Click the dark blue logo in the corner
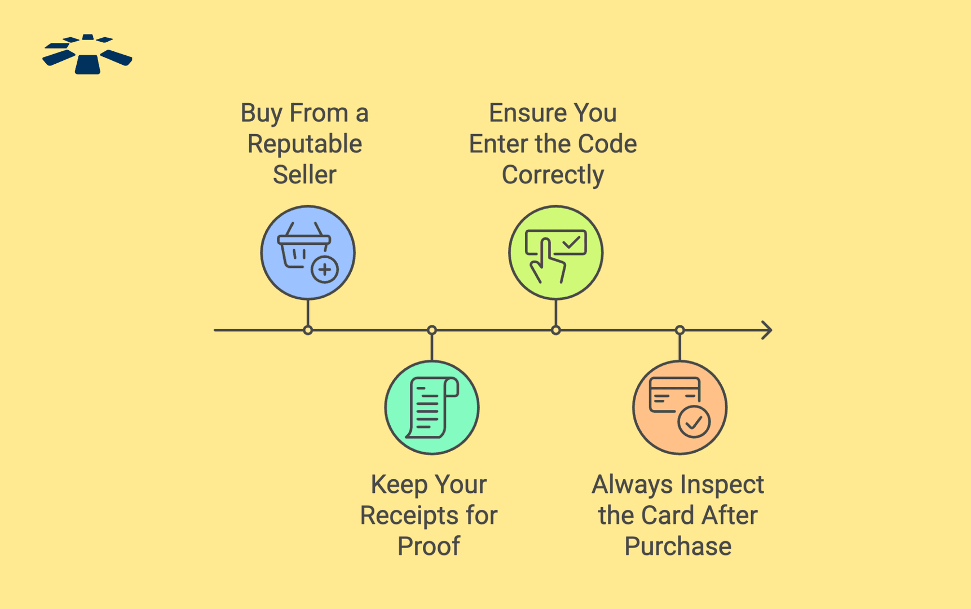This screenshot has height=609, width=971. point(87,54)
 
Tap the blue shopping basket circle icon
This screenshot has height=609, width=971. point(308,253)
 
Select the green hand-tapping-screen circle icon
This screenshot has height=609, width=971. point(556,253)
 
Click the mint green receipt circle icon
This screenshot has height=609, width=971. point(432,408)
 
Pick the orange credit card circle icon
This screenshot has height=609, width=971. point(680,408)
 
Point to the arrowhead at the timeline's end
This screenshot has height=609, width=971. point(768,330)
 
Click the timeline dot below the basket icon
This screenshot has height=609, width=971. point(308,330)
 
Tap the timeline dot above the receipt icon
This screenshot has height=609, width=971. point(432,330)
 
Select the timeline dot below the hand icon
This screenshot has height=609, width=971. point(556,330)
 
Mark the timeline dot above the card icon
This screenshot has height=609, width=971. point(680,330)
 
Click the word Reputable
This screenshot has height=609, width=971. point(304,144)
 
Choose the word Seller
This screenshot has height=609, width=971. point(304,175)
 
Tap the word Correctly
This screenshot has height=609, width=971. point(553,175)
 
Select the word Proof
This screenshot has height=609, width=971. point(429,546)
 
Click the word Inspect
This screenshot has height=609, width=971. point(722,485)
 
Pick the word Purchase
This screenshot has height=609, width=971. point(678,546)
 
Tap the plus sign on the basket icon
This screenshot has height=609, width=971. point(325,270)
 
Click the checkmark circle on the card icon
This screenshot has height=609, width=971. point(694,422)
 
